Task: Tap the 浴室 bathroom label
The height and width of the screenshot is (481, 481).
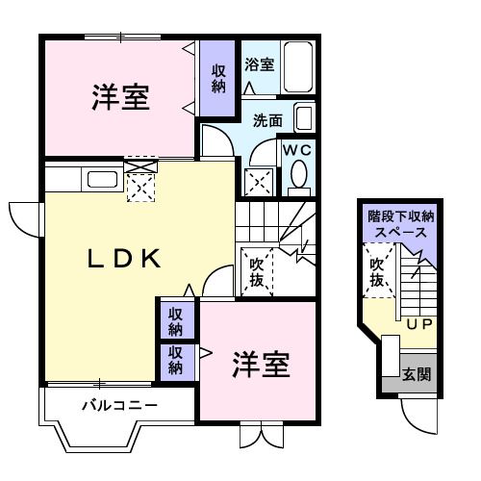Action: [x=259, y=65]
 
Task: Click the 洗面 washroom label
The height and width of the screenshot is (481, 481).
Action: [x=267, y=121]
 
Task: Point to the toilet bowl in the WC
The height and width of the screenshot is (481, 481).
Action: [x=299, y=176]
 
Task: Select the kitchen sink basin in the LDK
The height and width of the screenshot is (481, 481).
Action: [x=100, y=178]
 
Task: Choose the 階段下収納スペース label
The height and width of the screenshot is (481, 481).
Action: [x=399, y=224]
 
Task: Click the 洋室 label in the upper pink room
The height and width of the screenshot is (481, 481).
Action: [x=120, y=98]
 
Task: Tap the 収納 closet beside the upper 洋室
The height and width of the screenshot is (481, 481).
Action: [x=218, y=79]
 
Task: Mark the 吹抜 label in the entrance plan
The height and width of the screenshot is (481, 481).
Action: [x=376, y=273]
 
